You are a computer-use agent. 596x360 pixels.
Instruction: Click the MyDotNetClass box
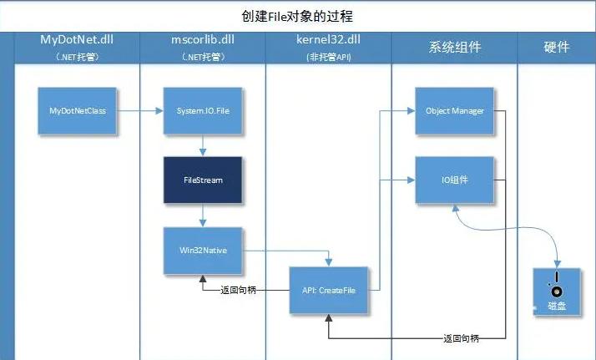pyautogui.click(x=78, y=110)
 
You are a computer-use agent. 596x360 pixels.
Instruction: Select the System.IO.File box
pyautogui.click(x=203, y=110)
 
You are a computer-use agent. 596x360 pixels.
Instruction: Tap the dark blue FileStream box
pyautogui.click(x=203, y=180)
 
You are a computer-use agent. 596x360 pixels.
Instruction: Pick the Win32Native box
pyautogui.click(x=203, y=249)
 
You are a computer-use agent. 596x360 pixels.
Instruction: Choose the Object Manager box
pyautogui.click(x=454, y=110)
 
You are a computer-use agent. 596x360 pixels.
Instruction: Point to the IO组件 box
pyautogui.click(x=454, y=180)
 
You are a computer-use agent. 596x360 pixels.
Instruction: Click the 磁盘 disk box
pyautogui.click(x=556, y=292)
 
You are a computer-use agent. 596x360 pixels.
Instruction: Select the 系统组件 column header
pyautogui.click(x=454, y=46)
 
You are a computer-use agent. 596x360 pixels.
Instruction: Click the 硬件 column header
pyautogui.click(x=556, y=46)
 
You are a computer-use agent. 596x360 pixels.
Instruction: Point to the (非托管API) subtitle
pyautogui.click(x=328, y=58)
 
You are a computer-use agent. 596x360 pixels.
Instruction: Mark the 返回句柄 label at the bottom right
pyautogui.click(x=462, y=338)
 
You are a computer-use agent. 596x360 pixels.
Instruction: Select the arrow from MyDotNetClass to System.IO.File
pyautogui.click(x=140, y=110)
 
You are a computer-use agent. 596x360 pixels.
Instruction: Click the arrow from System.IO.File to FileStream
pyautogui.click(x=203, y=145)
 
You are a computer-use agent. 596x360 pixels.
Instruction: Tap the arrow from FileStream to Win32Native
pyautogui.click(x=203, y=215)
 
